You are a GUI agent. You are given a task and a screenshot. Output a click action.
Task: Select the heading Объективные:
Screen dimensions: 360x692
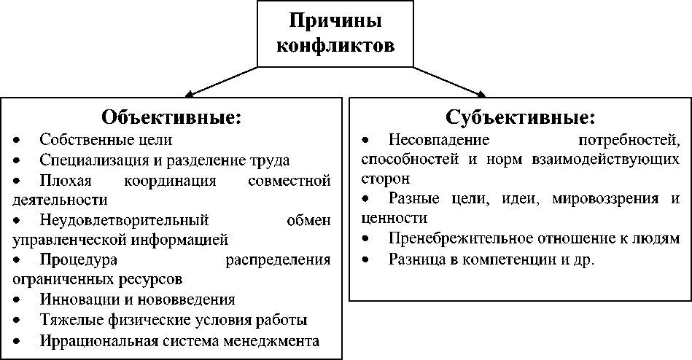coord(171,117)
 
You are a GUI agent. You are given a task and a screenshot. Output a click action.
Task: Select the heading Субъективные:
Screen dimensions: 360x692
coord(521,117)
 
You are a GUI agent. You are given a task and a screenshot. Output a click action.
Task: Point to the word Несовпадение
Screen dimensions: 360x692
coord(438,138)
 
